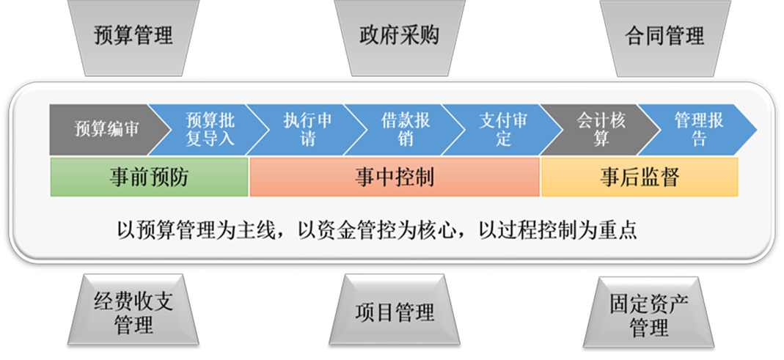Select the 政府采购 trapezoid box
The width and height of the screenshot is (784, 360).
pyautogui.click(x=399, y=35)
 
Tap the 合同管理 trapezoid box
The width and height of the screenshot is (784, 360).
pyautogui.click(x=664, y=35)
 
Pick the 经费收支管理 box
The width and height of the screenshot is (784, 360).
pyautogui.click(x=133, y=313)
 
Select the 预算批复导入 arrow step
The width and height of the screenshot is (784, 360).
pyautogui.click(x=208, y=129)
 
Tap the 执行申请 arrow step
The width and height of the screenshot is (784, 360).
pyautogui.click(x=307, y=129)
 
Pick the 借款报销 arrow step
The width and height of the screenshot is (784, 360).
pyautogui.click(x=406, y=129)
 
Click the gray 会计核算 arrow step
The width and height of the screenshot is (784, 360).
pyautogui.click(x=600, y=129)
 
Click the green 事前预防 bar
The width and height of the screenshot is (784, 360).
pyautogui.click(x=149, y=177)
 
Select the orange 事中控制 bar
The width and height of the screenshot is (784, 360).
pyautogui.click(x=395, y=177)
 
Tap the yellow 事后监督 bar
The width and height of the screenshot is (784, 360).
pyautogui.click(x=639, y=177)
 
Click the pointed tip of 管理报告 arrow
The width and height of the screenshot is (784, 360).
pyautogui.click(x=752, y=130)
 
